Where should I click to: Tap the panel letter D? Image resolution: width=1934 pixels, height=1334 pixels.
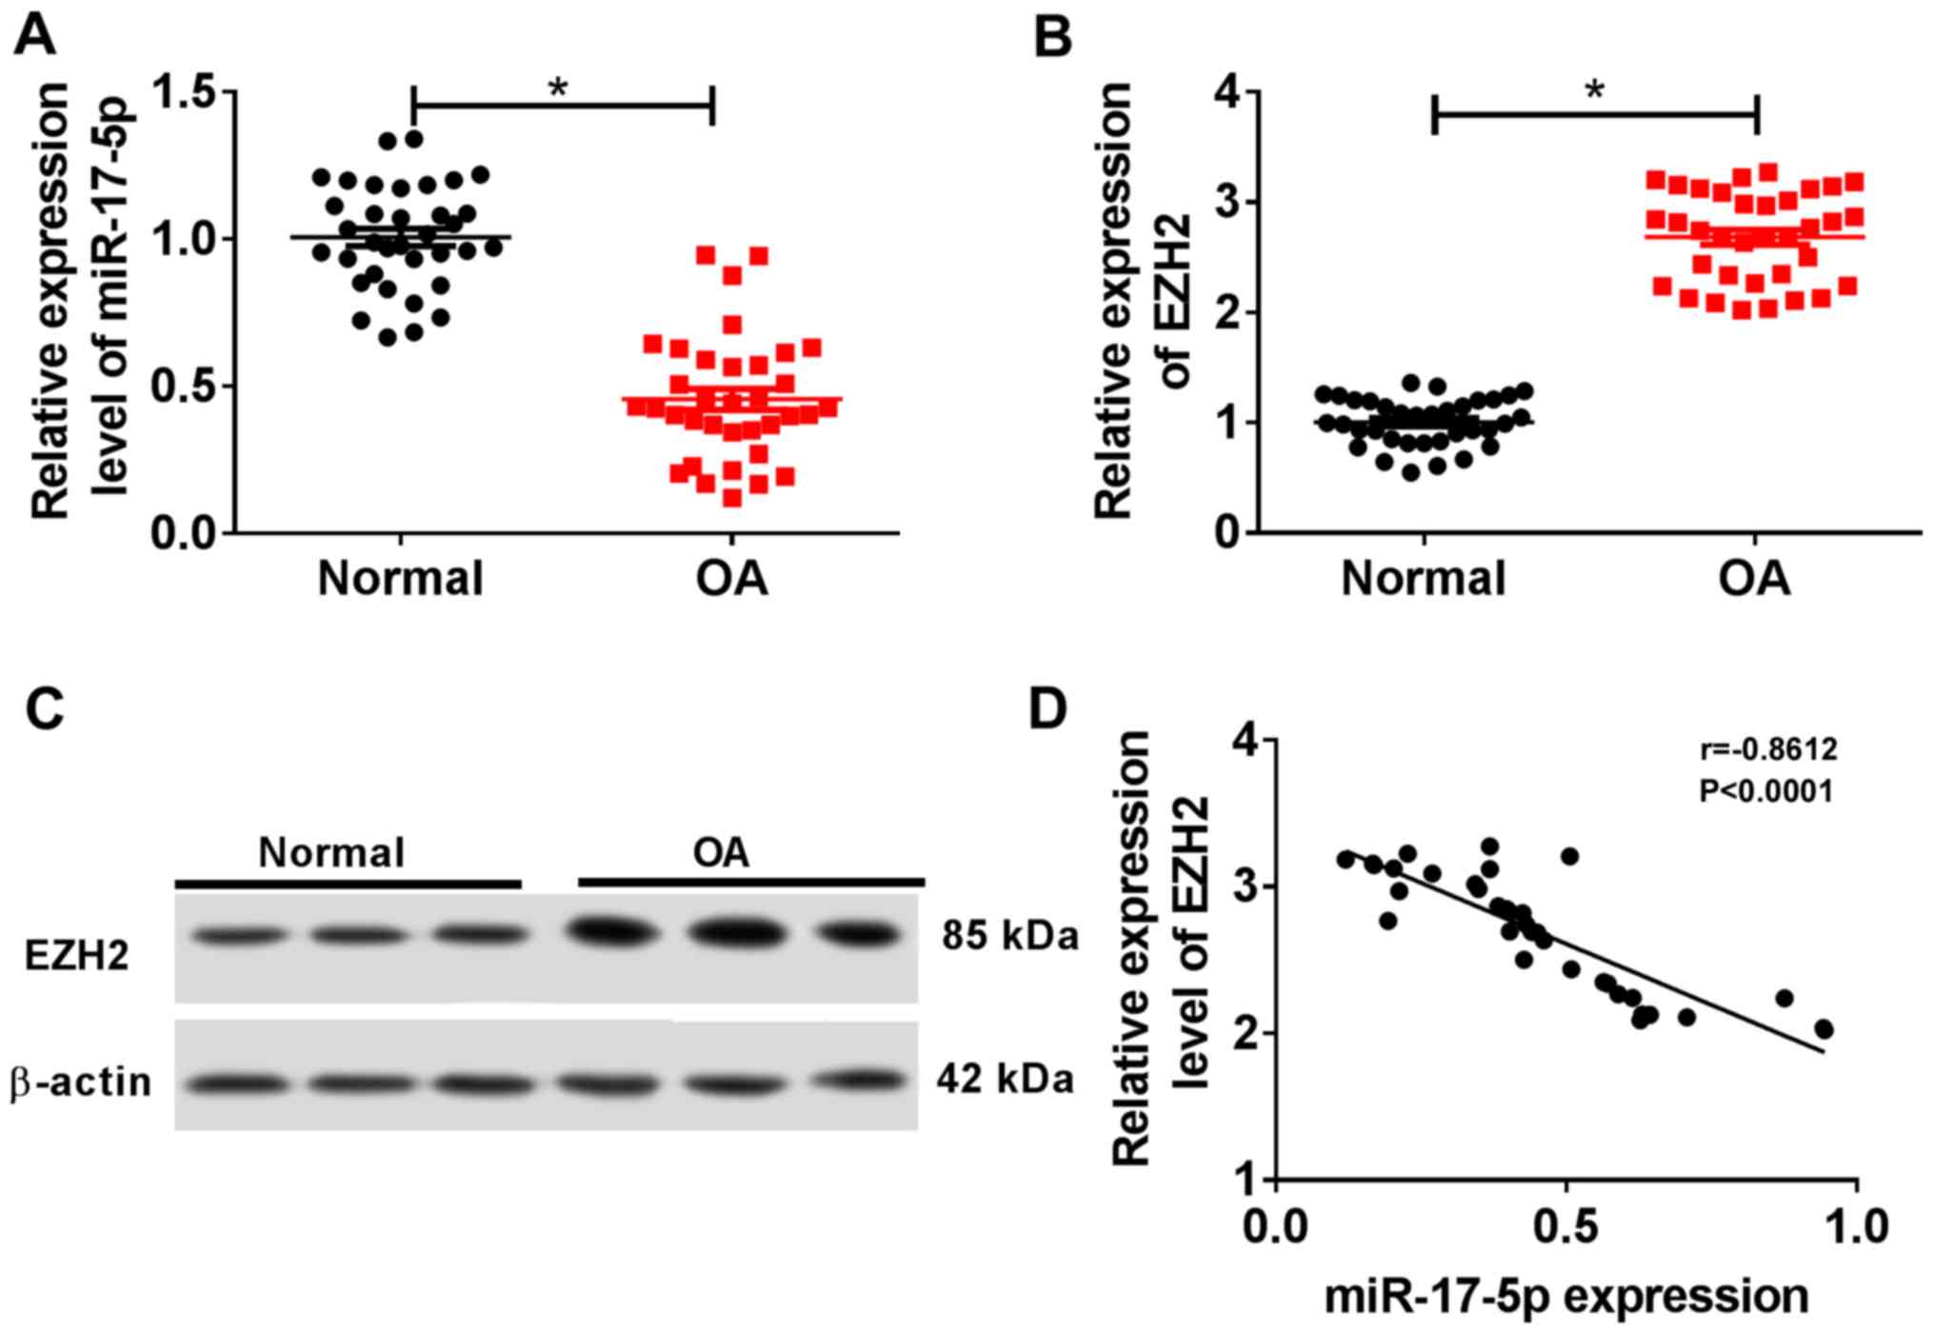point(1048,709)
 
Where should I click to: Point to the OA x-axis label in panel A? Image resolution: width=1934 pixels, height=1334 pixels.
point(731,579)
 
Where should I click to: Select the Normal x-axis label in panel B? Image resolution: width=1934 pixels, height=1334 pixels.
point(1423,579)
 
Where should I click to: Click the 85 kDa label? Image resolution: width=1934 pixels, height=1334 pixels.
point(1010,937)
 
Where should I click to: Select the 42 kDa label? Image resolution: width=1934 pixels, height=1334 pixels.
point(1006,1080)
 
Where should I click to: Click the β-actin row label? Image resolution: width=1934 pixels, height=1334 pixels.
point(81,1084)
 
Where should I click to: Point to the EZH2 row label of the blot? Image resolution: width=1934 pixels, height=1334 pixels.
point(76,955)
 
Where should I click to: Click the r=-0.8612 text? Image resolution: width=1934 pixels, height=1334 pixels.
point(1768,750)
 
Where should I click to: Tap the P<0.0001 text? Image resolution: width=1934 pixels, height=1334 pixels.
point(1766,791)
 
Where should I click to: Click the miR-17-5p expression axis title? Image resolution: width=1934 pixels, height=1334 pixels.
point(1566,1296)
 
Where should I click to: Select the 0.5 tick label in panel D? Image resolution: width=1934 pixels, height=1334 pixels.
point(1566,1225)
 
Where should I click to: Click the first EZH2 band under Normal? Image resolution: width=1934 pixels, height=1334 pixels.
point(240,937)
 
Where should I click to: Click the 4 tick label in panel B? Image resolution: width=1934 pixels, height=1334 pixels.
point(1226,93)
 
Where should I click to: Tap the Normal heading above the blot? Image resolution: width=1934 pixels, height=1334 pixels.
point(331,853)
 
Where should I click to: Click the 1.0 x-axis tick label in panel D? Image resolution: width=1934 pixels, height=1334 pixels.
point(1856,1225)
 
